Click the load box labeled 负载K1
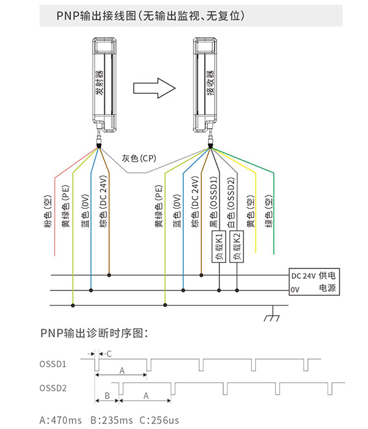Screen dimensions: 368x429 (x=219, y=246)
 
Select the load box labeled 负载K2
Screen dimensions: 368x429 (x=237, y=246)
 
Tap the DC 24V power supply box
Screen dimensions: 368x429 (x=314, y=282)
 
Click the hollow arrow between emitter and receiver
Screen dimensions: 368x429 (x=154, y=88)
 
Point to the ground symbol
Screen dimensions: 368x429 (x=272, y=314)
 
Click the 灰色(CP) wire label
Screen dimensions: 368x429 (x=139, y=158)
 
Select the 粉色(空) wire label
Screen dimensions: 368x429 (x=48, y=212)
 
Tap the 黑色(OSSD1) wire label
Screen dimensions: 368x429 (x=213, y=202)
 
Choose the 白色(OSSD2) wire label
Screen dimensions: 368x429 (x=231, y=203)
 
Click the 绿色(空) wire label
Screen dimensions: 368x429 (x=269, y=211)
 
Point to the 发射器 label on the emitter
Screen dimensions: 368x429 (x=100, y=83)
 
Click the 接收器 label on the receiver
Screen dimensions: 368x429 (x=210, y=83)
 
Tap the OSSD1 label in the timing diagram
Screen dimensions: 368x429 (x=53, y=364)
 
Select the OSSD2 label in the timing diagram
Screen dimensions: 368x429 (x=53, y=388)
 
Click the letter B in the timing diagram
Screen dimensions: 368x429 (x=107, y=396)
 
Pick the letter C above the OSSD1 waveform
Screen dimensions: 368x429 (x=109, y=354)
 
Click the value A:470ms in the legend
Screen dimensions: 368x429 (x=61, y=420)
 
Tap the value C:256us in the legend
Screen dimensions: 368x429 (x=159, y=420)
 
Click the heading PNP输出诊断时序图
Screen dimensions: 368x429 (x=94, y=333)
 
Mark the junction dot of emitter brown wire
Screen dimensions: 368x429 (x=109, y=275)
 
